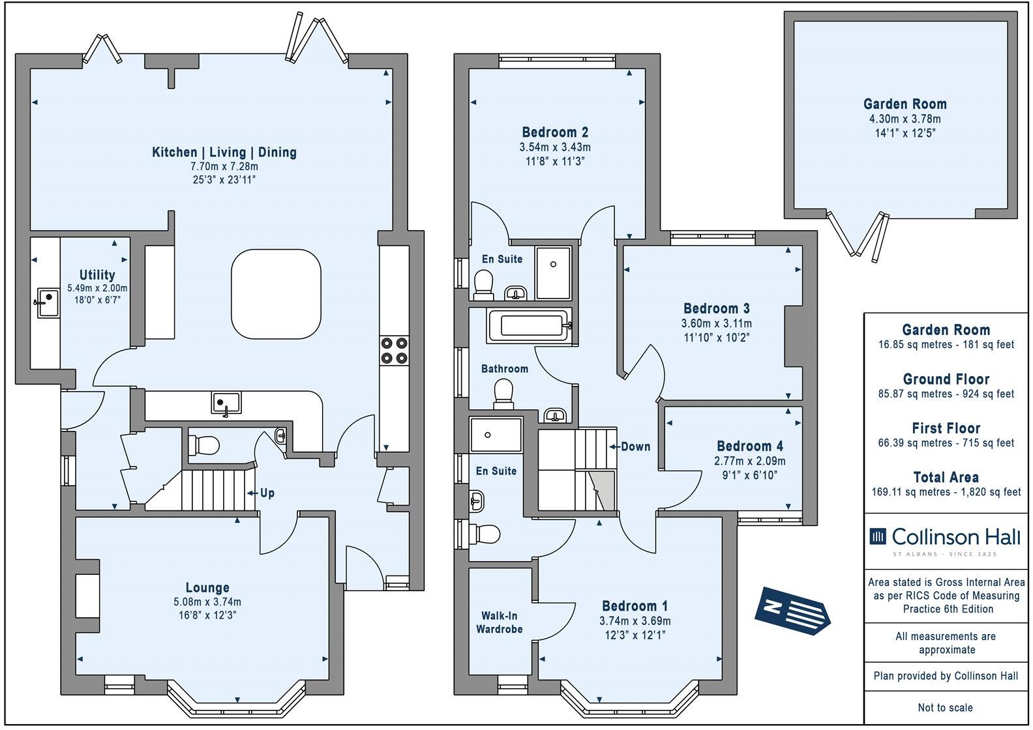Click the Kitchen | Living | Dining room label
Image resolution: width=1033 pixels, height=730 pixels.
coord(224,153)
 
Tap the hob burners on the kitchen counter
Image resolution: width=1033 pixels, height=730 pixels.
coord(394,349)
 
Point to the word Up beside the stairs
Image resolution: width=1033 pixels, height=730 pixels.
coord(267,493)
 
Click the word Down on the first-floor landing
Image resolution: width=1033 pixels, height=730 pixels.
coord(635,446)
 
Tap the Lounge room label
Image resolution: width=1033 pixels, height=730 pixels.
coord(207,587)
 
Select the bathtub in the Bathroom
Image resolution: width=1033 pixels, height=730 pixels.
coord(529,325)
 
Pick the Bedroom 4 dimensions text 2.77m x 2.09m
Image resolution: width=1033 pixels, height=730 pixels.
coord(750,461)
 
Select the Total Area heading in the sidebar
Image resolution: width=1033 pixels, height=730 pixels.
coord(946,477)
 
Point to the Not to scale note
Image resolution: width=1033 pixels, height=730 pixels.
coord(946,707)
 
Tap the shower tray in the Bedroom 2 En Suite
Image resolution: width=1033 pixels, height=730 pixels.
coord(553,272)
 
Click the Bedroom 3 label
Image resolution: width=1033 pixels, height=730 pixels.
coord(716,308)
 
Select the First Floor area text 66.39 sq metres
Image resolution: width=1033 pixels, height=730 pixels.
coord(946,443)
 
